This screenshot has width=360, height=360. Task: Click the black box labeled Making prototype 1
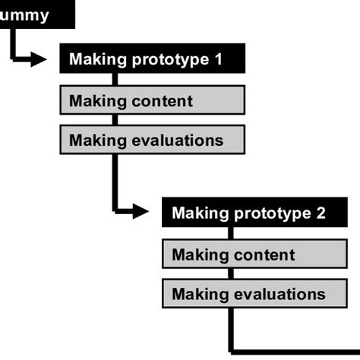click(x=152, y=59)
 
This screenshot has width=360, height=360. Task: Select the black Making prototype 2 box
click(x=254, y=213)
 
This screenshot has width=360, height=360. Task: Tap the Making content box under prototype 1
click(x=152, y=100)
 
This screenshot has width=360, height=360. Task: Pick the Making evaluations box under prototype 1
click(x=152, y=140)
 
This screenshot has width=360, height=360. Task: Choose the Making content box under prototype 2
click(x=254, y=254)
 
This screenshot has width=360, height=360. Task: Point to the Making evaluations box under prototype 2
click(x=254, y=294)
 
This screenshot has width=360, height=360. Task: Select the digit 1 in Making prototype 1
click(x=219, y=59)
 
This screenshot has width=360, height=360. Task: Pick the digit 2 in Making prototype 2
click(x=321, y=213)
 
